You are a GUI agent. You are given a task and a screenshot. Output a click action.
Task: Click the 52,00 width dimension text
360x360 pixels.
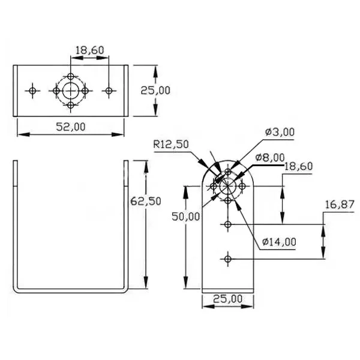(71, 127)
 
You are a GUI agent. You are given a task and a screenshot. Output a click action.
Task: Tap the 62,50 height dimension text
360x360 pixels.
(146, 201)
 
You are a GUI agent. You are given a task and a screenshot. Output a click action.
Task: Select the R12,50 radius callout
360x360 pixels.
(171, 145)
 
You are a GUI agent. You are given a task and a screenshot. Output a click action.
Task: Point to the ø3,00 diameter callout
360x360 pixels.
(280, 132)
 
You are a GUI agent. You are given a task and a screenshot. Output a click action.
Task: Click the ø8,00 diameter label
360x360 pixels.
(270, 157)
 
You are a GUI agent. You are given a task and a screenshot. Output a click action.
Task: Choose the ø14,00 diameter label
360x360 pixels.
(279, 242)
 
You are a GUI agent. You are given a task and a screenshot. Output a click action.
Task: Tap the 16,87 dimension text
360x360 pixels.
(340, 205)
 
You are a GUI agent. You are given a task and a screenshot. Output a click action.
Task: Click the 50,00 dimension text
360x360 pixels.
(186, 216)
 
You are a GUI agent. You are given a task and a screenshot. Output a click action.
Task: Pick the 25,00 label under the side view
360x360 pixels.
(228, 299)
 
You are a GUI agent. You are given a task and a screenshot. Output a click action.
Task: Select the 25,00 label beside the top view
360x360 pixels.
(155, 90)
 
